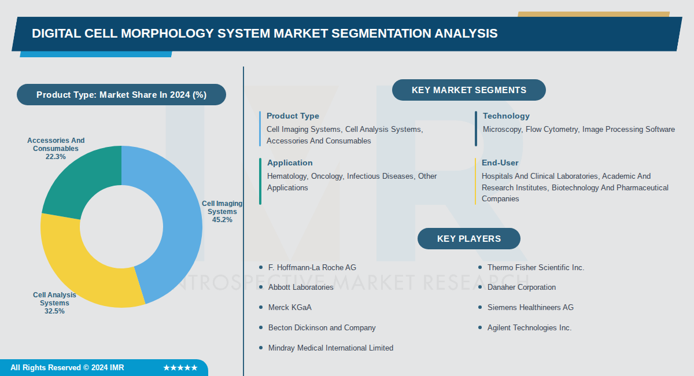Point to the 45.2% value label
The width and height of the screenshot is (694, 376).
click(222, 220)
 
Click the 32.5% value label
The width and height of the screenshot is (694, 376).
click(54, 311)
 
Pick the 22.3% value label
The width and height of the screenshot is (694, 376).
click(56, 157)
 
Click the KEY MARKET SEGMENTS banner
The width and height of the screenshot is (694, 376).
click(468, 90)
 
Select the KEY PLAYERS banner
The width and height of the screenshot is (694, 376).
click(468, 238)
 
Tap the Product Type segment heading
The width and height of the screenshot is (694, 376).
click(293, 116)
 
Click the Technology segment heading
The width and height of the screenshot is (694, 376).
click(506, 116)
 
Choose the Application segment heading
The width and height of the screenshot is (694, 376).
click(290, 163)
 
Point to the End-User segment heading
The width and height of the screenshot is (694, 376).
click(500, 163)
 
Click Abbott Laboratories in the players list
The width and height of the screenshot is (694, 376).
click(301, 287)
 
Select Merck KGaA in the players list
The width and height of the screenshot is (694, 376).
click(290, 308)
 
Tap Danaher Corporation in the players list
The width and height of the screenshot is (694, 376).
click(522, 287)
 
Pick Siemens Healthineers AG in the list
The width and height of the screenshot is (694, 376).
click(530, 308)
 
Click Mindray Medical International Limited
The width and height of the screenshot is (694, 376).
click(331, 348)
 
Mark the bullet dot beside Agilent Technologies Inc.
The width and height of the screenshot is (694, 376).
click(480, 328)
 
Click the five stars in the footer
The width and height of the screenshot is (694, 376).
click(180, 368)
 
